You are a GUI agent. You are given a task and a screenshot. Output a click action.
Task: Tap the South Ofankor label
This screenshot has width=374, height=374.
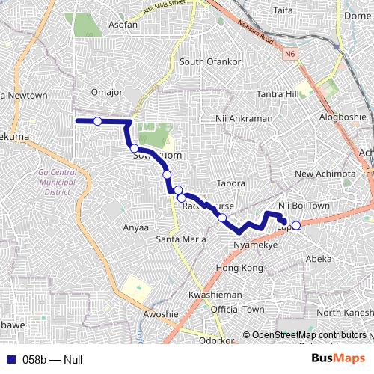click(212, 61)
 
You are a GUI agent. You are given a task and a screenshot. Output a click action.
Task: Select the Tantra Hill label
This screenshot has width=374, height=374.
click(278, 94)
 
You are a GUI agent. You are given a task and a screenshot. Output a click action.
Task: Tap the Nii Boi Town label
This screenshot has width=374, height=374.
click(304, 206)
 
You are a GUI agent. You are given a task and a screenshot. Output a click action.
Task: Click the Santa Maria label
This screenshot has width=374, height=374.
click(180, 239)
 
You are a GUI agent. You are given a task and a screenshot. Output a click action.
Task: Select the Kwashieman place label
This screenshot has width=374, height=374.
click(215, 295)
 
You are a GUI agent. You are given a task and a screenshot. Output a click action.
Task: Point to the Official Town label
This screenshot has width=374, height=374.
click(237, 310)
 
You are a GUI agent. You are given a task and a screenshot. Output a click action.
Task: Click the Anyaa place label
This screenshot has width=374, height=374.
click(135, 227)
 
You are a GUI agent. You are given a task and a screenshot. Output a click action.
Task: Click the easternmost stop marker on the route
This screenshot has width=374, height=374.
click(295, 226)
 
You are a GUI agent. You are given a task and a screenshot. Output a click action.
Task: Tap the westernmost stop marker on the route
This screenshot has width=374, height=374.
click(97, 121)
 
